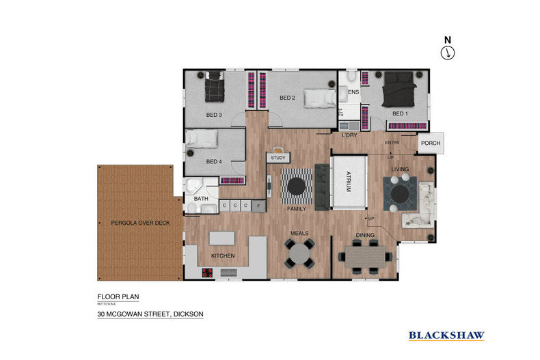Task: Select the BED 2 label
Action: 287,98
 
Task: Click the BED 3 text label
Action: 214,114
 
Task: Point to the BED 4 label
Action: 214,161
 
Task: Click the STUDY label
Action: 278,158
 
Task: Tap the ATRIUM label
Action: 348,181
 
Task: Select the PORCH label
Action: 431,143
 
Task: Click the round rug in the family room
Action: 297,185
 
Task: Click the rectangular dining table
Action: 366,258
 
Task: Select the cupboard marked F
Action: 259,205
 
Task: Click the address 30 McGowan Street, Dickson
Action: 150,314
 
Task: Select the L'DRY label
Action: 349,135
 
